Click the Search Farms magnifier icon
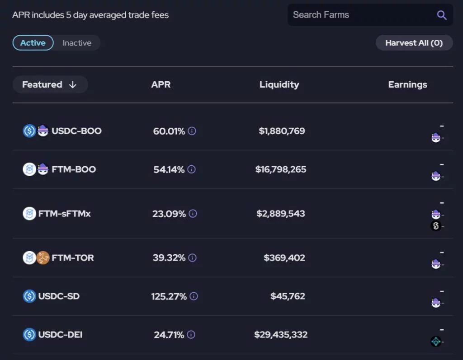tap(442, 15)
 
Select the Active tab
tap(33, 43)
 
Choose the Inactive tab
tap(77, 43)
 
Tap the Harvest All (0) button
tap(414, 43)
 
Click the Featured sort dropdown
tap(50, 84)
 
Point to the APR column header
tap(161, 84)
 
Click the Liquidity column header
tap(279, 84)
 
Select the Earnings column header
tap(407, 84)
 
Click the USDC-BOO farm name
tap(76, 131)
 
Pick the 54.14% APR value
tap(169, 169)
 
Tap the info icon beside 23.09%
tap(193, 213)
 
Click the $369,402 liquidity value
tap(284, 258)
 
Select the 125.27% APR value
tap(169, 296)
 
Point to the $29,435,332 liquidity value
tap(281, 335)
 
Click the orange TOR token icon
tap(43, 258)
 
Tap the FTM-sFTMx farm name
tap(64, 213)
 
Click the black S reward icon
tap(436, 226)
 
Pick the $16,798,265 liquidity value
tap(281, 169)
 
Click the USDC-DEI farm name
tap(60, 335)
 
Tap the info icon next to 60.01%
tap(192, 131)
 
